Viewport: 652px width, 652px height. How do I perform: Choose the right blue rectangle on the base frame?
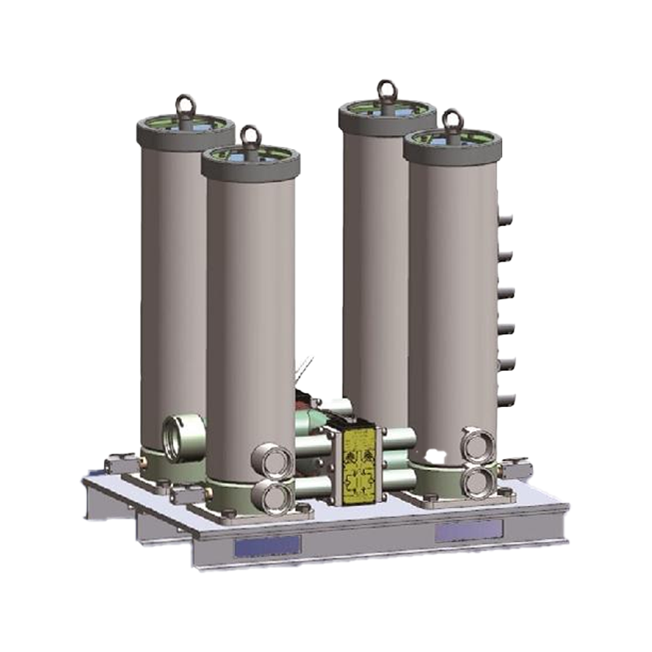(466, 531)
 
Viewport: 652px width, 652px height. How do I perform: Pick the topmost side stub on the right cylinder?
(505, 218)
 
